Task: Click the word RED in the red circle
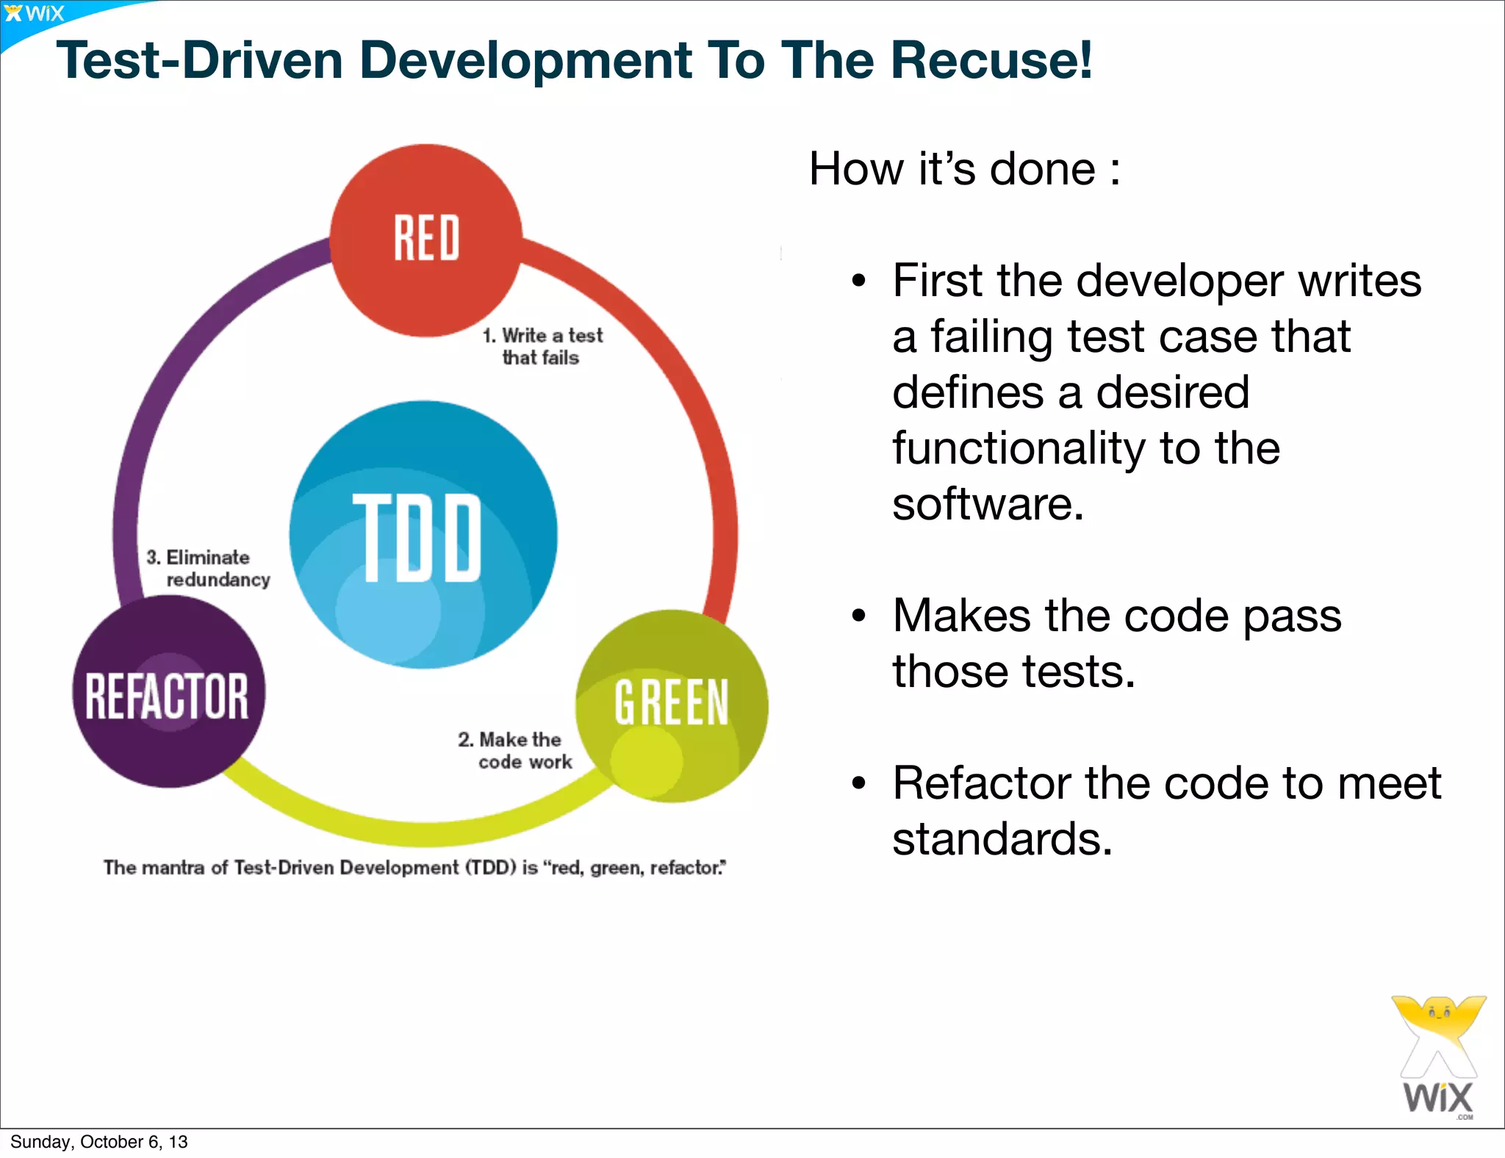point(426,238)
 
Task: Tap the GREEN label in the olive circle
point(671,702)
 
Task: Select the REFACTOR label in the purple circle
point(168,696)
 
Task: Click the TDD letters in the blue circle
point(417,538)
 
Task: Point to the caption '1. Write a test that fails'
point(542,347)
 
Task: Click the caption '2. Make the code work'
point(514,750)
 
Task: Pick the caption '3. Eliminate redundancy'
point(208,569)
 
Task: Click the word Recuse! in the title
point(991,60)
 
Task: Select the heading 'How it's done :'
point(964,169)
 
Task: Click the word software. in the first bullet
point(988,505)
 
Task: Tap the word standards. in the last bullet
point(1002,839)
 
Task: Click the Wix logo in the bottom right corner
point(1438,1058)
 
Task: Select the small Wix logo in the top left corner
point(34,13)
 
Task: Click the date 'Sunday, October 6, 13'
point(99,1142)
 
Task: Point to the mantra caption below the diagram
point(414,868)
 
